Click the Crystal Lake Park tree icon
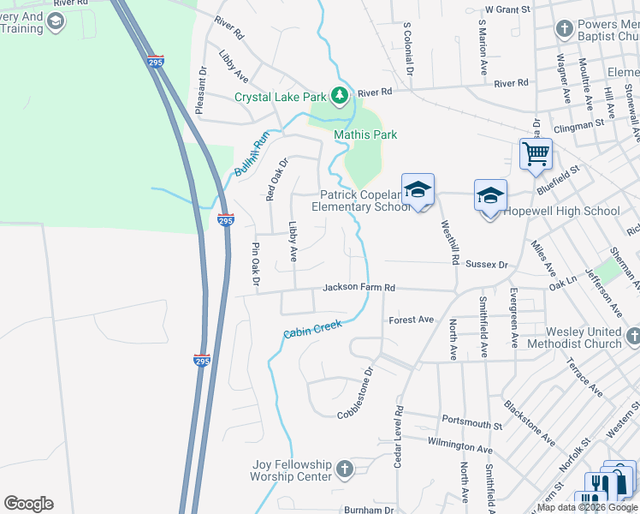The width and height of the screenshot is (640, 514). [341, 95]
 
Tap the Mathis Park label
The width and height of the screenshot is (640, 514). [365, 134]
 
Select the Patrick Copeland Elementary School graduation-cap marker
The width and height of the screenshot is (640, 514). [418, 190]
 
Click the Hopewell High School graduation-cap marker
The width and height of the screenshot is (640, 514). [491, 196]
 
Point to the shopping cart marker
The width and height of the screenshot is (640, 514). [536, 155]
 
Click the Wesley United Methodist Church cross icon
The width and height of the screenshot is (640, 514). [632, 337]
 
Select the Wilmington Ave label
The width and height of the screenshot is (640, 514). [461, 446]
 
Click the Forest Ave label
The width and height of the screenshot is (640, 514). [412, 320]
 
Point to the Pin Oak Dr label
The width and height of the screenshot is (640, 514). [255, 265]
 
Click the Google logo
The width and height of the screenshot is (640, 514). [28, 504]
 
